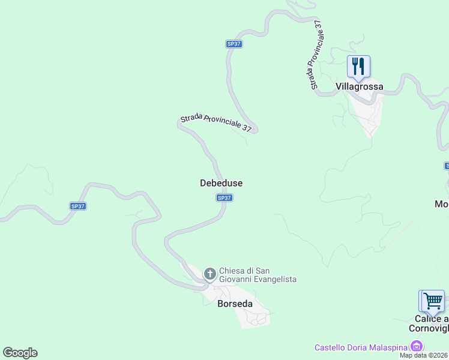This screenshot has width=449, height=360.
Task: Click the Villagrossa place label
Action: (x=359, y=86)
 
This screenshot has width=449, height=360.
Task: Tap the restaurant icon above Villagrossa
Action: (x=358, y=66)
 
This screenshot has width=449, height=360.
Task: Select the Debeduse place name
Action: (x=221, y=183)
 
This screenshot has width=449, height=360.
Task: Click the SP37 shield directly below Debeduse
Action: (x=224, y=198)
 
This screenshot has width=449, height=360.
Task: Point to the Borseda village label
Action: (x=234, y=304)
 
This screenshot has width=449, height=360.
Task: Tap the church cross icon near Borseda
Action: (x=210, y=274)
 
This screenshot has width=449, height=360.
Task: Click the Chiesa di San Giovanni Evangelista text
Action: (x=258, y=275)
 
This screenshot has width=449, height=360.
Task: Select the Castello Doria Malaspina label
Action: (x=361, y=347)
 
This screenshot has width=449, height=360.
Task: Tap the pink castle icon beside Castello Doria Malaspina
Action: (x=416, y=346)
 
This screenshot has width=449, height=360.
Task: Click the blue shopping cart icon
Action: (x=433, y=301)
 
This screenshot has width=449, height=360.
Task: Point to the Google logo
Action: (x=20, y=353)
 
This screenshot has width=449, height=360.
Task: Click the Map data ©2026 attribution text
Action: (x=424, y=355)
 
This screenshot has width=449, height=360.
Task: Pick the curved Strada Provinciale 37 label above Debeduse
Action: (x=216, y=122)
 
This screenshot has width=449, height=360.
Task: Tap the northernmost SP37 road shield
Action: (x=234, y=44)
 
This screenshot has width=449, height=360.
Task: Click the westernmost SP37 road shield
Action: (x=78, y=206)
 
